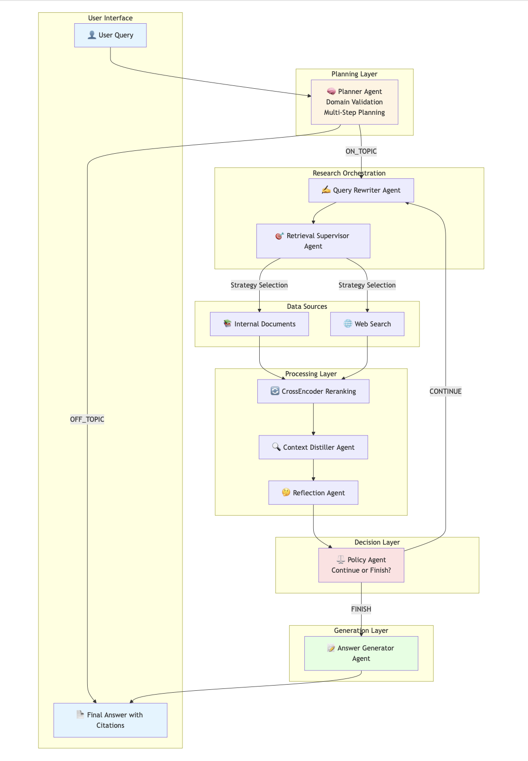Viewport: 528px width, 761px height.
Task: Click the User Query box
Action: tap(110, 35)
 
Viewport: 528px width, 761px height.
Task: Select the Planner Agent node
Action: tap(354, 102)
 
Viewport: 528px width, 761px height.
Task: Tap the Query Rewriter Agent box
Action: tap(361, 190)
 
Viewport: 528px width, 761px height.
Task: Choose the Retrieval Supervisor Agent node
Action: tap(313, 241)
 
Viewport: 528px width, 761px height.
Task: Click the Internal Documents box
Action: tap(259, 324)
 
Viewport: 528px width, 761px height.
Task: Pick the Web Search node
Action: tap(367, 324)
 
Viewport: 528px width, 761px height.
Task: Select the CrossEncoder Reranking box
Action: tap(313, 391)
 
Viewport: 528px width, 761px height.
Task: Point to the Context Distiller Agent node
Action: tap(313, 447)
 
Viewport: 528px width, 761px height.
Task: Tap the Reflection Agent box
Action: tap(313, 493)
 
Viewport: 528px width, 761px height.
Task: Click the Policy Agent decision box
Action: tap(361, 565)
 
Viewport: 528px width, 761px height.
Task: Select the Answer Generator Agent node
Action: tap(361, 653)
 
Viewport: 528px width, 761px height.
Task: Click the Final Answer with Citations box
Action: tap(110, 720)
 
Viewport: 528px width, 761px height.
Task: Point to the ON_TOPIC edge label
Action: tap(361, 151)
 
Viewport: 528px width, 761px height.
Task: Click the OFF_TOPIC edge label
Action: tap(87, 419)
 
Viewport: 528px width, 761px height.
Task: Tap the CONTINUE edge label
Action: tap(445, 391)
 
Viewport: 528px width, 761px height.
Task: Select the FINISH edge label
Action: tap(361, 609)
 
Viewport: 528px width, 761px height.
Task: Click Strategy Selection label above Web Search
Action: tap(367, 285)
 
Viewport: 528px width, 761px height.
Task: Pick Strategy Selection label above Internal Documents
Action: tap(259, 285)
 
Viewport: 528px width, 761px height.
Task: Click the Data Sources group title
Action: tap(307, 306)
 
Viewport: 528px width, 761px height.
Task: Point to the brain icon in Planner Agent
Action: tap(331, 92)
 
